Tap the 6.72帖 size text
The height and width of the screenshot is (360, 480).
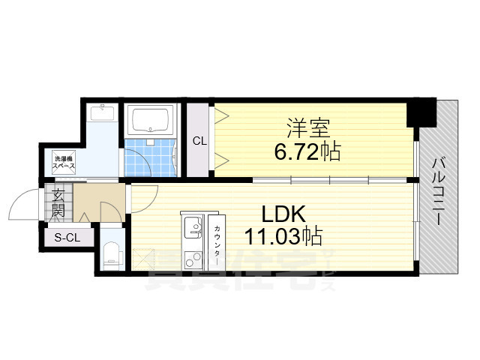307,152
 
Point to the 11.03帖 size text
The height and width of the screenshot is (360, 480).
283,238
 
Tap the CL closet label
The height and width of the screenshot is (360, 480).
199,141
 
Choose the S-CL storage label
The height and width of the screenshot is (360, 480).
68,238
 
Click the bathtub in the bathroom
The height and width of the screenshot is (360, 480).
151,120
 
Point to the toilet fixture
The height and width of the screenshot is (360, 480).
111,253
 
